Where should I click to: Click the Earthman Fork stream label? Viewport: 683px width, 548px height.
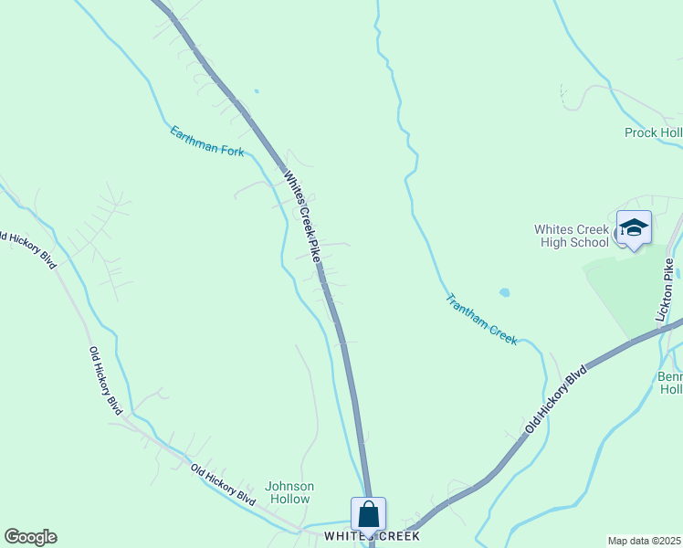point(207,142)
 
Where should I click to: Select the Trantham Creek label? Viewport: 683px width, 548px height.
point(481,319)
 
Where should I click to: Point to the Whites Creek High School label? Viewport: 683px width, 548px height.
point(572,236)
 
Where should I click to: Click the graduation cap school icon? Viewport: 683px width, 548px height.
point(634,227)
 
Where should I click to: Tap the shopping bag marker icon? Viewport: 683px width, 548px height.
point(368,513)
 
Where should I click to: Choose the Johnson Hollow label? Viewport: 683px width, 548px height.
point(289,492)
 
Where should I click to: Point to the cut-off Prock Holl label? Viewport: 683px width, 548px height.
point(653,133)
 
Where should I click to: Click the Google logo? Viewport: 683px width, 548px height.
point(30,537)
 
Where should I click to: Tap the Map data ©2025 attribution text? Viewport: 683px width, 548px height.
point(645,541)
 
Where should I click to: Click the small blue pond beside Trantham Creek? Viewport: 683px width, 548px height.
point(504,293)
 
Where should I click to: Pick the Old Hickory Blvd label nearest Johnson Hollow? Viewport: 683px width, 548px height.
point(223,483)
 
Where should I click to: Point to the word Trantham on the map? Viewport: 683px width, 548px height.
point(468,310)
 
